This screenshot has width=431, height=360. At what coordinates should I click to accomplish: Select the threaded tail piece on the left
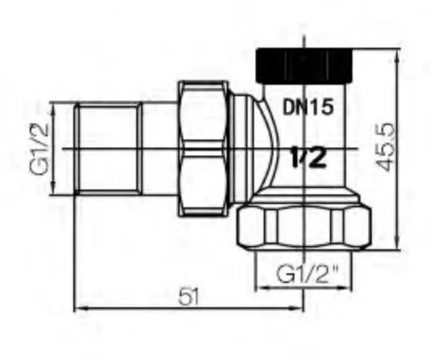point(108,150)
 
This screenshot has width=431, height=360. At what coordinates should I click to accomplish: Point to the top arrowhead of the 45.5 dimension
point(397,54)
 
